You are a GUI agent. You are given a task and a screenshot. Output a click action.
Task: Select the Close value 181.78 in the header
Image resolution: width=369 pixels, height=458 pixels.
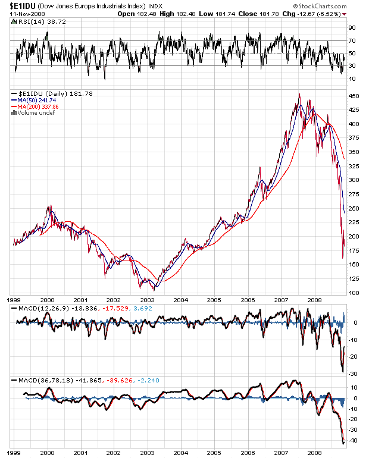coord(268,13)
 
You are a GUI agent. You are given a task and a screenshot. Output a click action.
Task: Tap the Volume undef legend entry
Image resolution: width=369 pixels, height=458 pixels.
coord(34,113)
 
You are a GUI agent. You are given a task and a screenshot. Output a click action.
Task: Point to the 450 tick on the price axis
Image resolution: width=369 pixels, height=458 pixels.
coord(354,96)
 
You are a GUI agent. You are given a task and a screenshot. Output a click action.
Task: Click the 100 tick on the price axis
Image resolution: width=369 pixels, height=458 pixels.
coord(354,293)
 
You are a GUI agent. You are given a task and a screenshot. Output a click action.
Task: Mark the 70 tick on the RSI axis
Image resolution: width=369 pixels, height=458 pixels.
coord(352,40)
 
